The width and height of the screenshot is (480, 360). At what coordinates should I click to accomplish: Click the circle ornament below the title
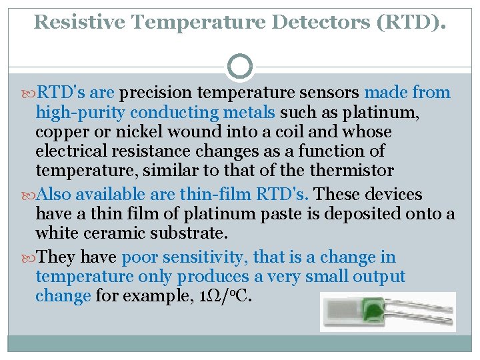click(x=240, y=67)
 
